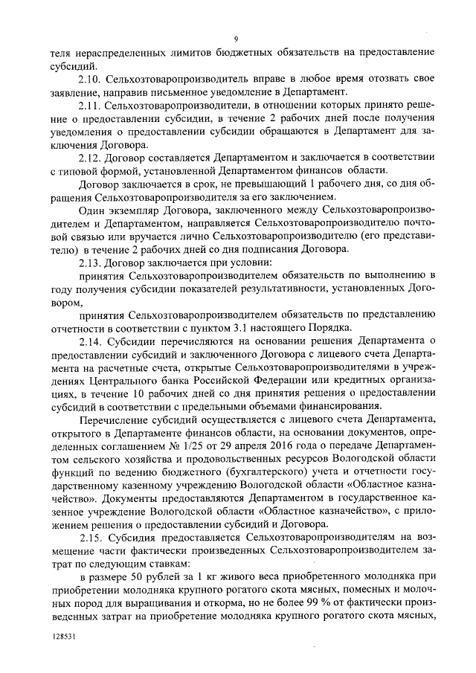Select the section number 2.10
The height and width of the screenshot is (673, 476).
pos(90,79)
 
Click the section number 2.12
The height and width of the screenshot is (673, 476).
pos(90,158)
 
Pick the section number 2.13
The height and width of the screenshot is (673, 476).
pos(90,264)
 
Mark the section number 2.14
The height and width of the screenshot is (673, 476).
pos(90,339)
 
